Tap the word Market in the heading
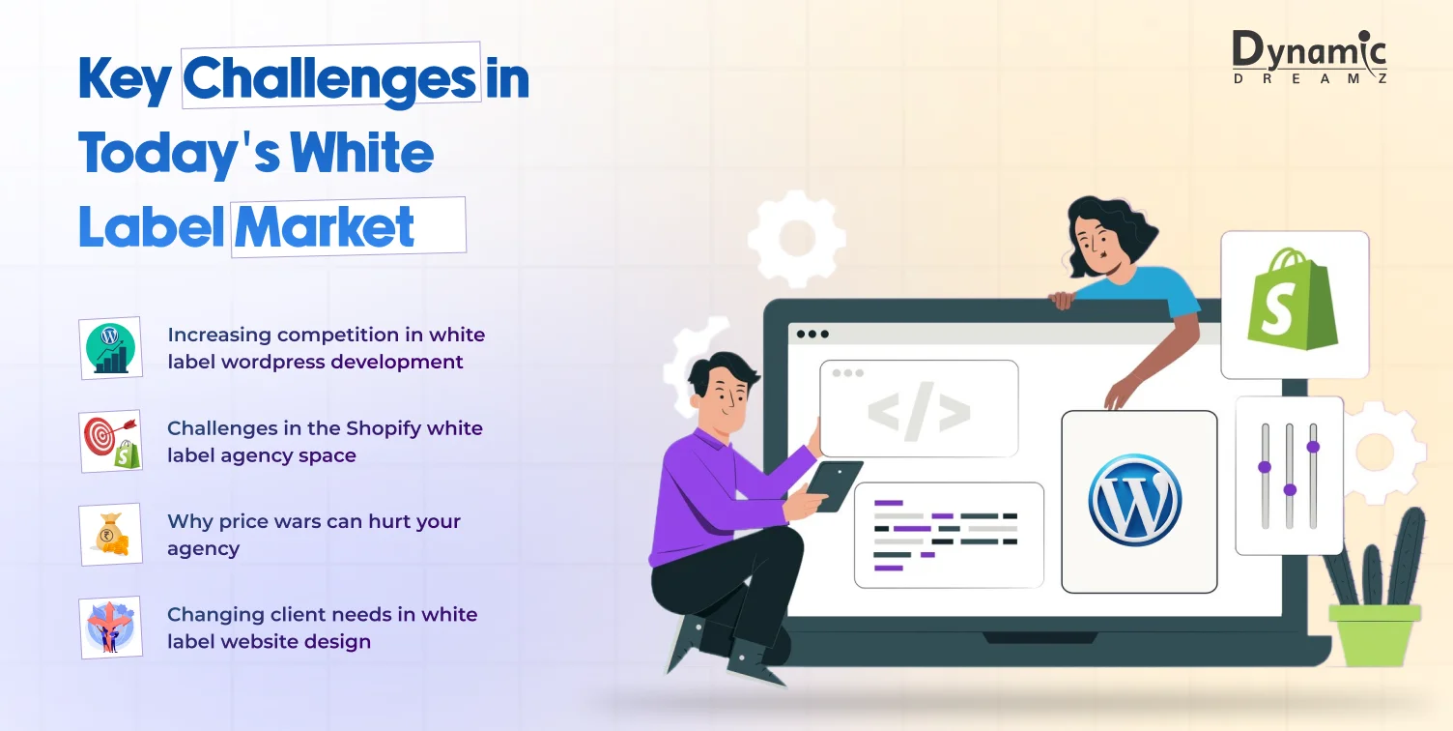click(325, 227)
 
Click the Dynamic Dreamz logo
click(1310, 57)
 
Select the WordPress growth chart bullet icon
click(111, 348)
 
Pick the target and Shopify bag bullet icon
click(111, 442)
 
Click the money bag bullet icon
click(111, 535)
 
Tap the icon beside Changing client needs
click(111, 628)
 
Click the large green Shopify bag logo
click(1292, 300)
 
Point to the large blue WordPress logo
click(1135, 500)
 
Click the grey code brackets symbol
click(919, 412)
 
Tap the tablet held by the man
click(835, 485)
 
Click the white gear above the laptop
click(797, 239)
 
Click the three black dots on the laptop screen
click(812, 335)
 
